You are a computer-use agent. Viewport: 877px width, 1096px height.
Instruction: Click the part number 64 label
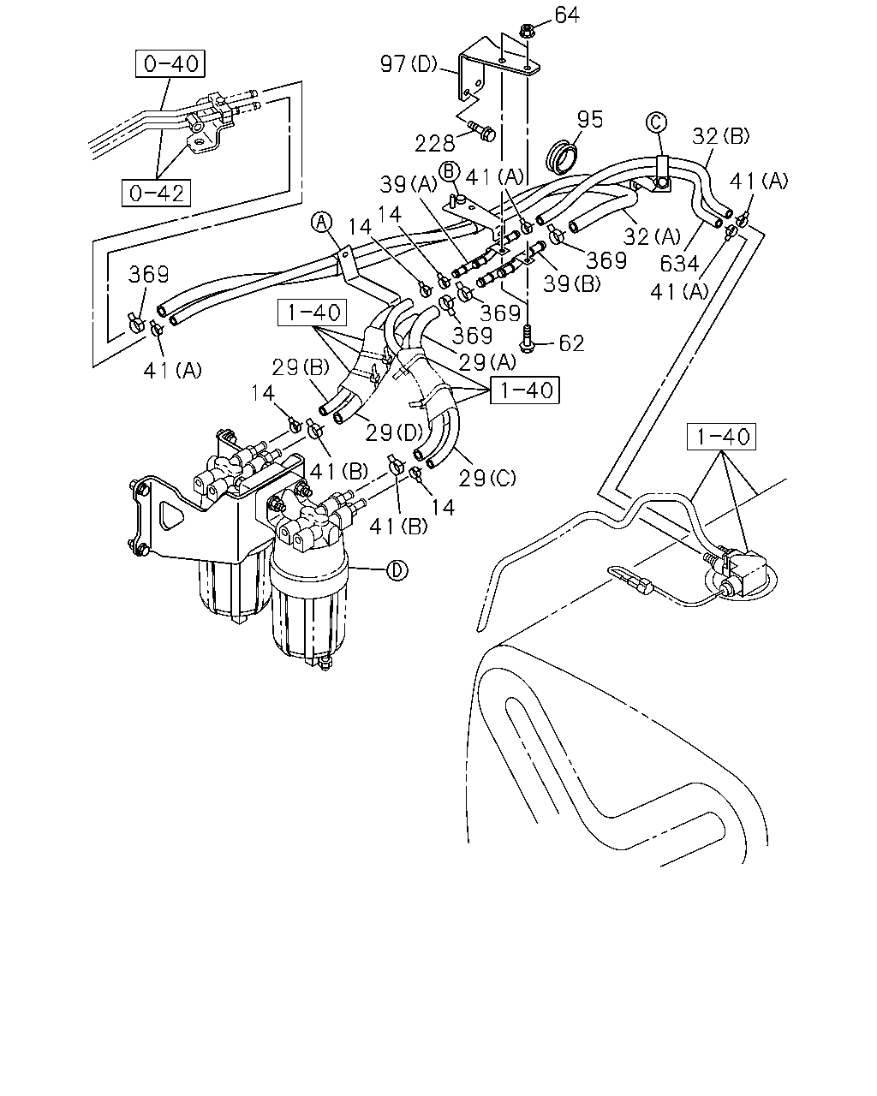coord(567,15)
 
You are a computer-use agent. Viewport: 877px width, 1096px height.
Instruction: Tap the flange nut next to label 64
coord(527,32)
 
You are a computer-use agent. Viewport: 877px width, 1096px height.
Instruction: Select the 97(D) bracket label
coord(409,64)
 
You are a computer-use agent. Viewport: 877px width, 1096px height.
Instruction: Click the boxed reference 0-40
coord(170,63)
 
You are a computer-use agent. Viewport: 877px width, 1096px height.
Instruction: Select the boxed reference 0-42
coord(157,193)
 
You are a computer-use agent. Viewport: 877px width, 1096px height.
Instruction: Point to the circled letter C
coord(656,122)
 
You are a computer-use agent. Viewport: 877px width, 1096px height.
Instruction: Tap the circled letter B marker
coord(449,171)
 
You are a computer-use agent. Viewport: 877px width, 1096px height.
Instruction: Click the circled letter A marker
coord(321,223)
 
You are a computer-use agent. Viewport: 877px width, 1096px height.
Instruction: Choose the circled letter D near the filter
coord(397,570)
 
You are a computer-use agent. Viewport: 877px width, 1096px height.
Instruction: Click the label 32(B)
coord(720,136)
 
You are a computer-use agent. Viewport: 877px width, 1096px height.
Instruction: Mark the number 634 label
coord(679,264)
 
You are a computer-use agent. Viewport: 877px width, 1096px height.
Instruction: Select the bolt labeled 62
coord(527,337)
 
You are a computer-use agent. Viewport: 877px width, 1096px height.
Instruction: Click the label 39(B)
coord(572,283)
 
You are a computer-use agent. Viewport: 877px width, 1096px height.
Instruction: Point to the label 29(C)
coord(487,479)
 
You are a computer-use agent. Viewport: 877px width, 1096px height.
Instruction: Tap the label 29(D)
coord(394,432)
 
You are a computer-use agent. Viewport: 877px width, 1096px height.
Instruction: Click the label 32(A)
coord(653,236)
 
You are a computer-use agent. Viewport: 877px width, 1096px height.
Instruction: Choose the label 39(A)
coord(409,184)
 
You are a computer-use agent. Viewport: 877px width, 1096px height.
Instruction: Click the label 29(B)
coord(301,367)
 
